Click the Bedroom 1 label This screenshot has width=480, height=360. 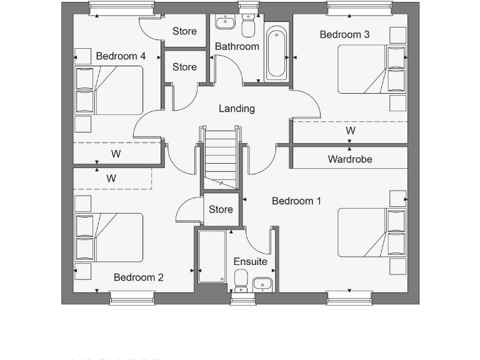coord(296,201)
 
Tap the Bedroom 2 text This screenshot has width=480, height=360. coord(138,277)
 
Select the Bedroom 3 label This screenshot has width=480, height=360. coord(344,34)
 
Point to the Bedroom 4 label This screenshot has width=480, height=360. coord(121,56)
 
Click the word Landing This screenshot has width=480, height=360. coord(236,108)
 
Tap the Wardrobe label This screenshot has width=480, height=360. coord(349,159)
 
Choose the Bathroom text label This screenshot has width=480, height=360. coord(237,46)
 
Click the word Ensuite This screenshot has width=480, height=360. coord(250,261)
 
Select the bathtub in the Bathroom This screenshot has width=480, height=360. coord(277,53)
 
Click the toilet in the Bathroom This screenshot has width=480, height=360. coord(248,26)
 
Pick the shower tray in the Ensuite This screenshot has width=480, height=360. coord(212,257)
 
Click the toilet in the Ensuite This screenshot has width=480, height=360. coord(242,281)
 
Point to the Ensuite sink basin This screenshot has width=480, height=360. coord(263,285)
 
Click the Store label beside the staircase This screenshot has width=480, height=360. coord(221,209)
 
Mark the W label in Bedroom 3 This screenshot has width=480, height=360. coord(351,131)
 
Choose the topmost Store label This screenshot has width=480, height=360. coord(184,31)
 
